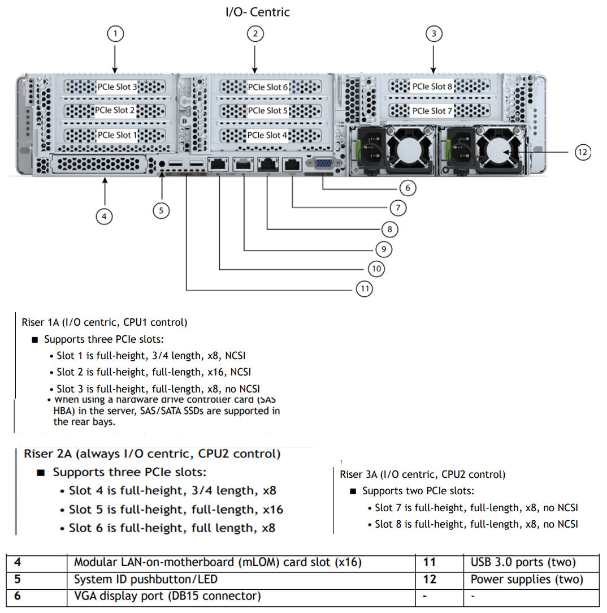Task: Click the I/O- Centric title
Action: coord(258,11)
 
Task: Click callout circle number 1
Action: coord(115,34)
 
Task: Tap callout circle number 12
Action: coord(583,152)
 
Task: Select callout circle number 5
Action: coord(161,210)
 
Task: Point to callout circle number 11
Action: coord(365,289)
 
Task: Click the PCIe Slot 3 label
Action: coord(117,87)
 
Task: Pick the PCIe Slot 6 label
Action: coord(268,87)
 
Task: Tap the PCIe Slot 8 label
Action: coord(432,87)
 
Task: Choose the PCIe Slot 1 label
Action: coord(117,135)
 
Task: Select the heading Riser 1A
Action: coord(104,322)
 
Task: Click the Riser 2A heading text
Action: coord(151,454)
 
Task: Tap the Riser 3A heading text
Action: coord(423,474)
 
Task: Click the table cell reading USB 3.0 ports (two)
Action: coord(523,562)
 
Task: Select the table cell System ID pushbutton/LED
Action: coord(146,579)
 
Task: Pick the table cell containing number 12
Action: coord(430,579)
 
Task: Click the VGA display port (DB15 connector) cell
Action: coord(167,595)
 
